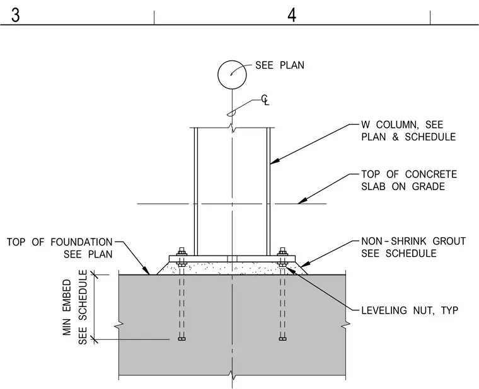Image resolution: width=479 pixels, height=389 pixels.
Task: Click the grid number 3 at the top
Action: (15, 15)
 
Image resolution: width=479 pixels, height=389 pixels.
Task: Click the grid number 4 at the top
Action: (292, 15)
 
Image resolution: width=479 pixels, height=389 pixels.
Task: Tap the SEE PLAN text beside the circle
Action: (279, 65)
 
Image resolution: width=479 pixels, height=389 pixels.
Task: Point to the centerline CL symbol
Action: (265, 100)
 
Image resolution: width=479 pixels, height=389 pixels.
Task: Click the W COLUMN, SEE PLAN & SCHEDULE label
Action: (408, 130)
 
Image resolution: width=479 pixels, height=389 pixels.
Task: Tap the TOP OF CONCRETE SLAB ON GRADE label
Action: (409, 180)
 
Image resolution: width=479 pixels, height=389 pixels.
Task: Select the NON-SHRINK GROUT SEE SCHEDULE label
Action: (413, 247)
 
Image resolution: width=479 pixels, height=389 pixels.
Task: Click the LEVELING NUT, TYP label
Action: (410, 310)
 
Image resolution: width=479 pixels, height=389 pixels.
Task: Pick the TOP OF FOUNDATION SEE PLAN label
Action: (60, 248)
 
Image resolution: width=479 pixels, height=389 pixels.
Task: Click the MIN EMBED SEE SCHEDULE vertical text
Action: (75, 307)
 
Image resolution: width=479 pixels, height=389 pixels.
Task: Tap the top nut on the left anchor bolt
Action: (182, 252)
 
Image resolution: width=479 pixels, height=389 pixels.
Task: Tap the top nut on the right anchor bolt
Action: (282, 252)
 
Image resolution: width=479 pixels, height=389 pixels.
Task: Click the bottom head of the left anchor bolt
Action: (182, 339)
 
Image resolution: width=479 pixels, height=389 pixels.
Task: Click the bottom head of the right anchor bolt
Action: (282, 339)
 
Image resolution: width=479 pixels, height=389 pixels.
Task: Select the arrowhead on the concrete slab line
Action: (302, 201)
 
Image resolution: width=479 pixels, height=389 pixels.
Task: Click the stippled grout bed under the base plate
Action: (232, 268)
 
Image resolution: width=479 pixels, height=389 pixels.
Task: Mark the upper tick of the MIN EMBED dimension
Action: (95, 275)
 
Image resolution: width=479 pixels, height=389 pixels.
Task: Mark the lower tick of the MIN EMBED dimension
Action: (95, 339)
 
